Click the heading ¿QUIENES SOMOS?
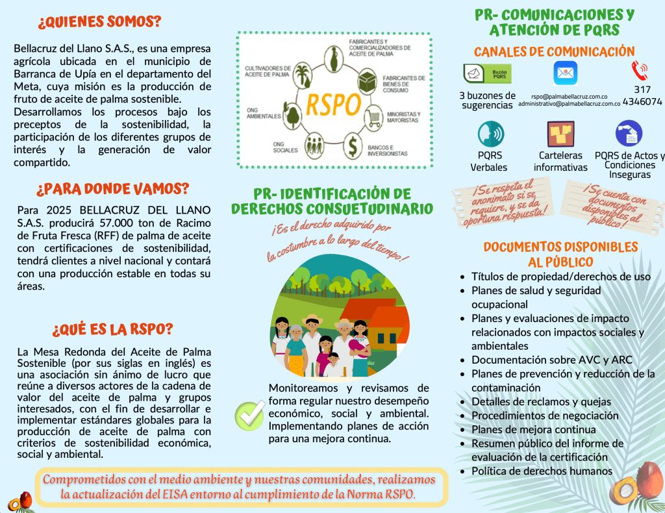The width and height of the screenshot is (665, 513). pyautogui.click(x=99, y=21)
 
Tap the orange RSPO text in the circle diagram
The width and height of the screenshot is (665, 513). pyautogui.click(x=333, y=103)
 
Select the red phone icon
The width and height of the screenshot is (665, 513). pyautogui.click(x=640, y=70)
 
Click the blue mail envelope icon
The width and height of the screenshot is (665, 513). pyautogui.click(x=565, y=73)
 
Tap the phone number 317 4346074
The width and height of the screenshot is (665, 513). pyautogui.click(x=642, y=95)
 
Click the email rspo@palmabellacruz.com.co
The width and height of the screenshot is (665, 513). pyautogui.click(x=569, y=95)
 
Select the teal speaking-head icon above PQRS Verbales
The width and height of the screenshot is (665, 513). pyautogui.click(x=490, y=134)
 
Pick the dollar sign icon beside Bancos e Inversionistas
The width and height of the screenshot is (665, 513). pyautogui.click(x=352, y=144)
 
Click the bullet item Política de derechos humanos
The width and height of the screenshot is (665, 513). pyautogui.click(x=542, y=471)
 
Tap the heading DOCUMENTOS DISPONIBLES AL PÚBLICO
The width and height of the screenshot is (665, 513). pyautogui.click(x=560, y=255)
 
